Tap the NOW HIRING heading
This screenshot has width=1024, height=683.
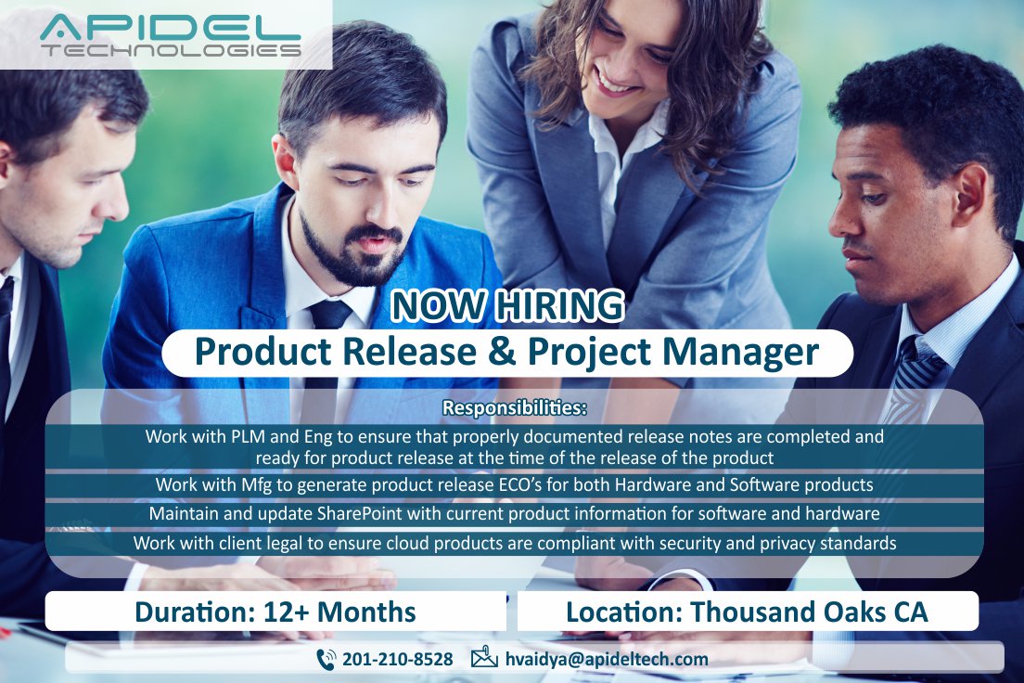click(x=506, y=305)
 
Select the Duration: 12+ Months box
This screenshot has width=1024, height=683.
click(x=275, y=612)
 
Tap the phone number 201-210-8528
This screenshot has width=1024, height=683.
click(x=397, y=660)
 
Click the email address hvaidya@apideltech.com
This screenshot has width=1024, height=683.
click(x=607, y=660)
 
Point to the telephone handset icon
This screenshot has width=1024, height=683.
click(x=326, y=659)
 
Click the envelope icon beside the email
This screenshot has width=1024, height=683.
click(x=484, y=659)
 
